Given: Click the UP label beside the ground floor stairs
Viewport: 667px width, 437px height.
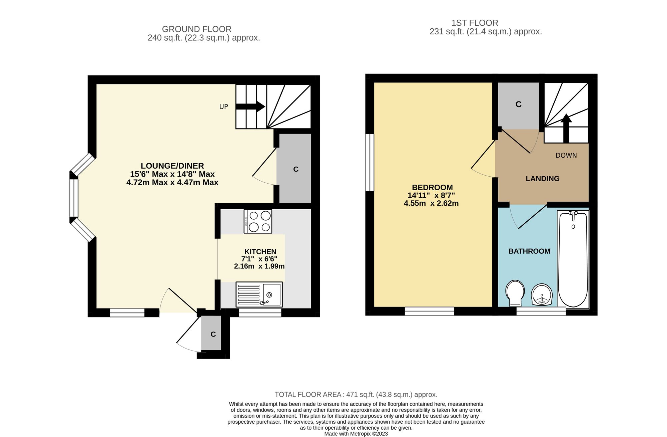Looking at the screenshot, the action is (223, 106).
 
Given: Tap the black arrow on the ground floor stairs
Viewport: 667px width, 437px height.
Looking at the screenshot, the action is (250, 106).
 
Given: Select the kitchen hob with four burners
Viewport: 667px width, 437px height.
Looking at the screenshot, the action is (258, 221).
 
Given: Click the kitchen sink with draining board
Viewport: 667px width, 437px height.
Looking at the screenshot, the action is (259, 294).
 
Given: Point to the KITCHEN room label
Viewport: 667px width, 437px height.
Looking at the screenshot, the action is (260, 252).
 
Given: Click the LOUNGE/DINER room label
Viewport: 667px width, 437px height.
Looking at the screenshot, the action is (172, 166).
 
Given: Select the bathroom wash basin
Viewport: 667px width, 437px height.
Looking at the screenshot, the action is (542, 295).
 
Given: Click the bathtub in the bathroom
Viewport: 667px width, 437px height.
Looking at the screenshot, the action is (573, 259).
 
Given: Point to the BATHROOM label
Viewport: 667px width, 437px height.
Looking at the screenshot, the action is (529, 251).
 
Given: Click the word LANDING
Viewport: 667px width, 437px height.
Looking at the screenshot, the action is (543, 179).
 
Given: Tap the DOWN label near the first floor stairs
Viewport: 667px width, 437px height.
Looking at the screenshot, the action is (566, 155).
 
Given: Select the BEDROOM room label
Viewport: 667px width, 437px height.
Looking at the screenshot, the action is (432, 187).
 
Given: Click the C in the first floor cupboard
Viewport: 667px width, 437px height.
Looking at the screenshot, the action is (518, 104).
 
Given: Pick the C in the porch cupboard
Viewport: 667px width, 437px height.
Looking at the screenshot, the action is (213, 334).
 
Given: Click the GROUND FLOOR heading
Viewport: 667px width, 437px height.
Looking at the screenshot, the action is (197, 29).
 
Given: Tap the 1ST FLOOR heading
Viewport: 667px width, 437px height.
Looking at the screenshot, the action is (475, 23).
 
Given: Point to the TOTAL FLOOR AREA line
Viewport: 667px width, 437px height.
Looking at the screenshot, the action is (356, 394).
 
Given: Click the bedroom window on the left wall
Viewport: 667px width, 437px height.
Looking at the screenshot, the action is (370, 163).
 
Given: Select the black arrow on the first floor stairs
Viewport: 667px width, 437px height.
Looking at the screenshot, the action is (566, 128).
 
